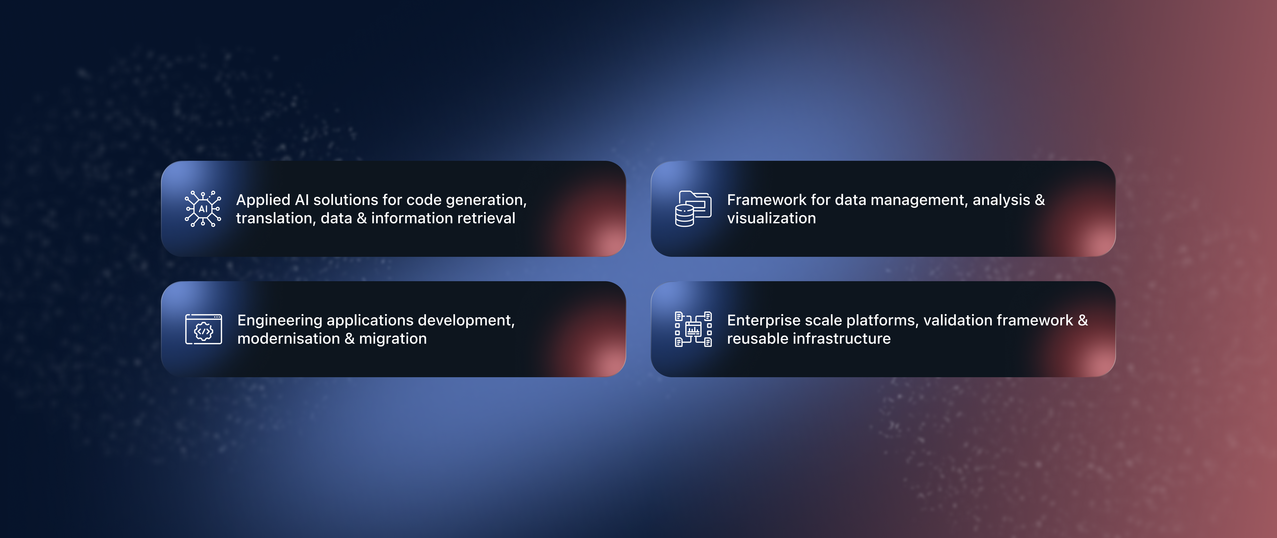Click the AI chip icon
(x=203, y=209)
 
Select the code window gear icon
(x=203, y=329)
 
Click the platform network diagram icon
(x=693, y=329)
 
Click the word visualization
(x=771, y=218)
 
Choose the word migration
(x=393, y=339)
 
